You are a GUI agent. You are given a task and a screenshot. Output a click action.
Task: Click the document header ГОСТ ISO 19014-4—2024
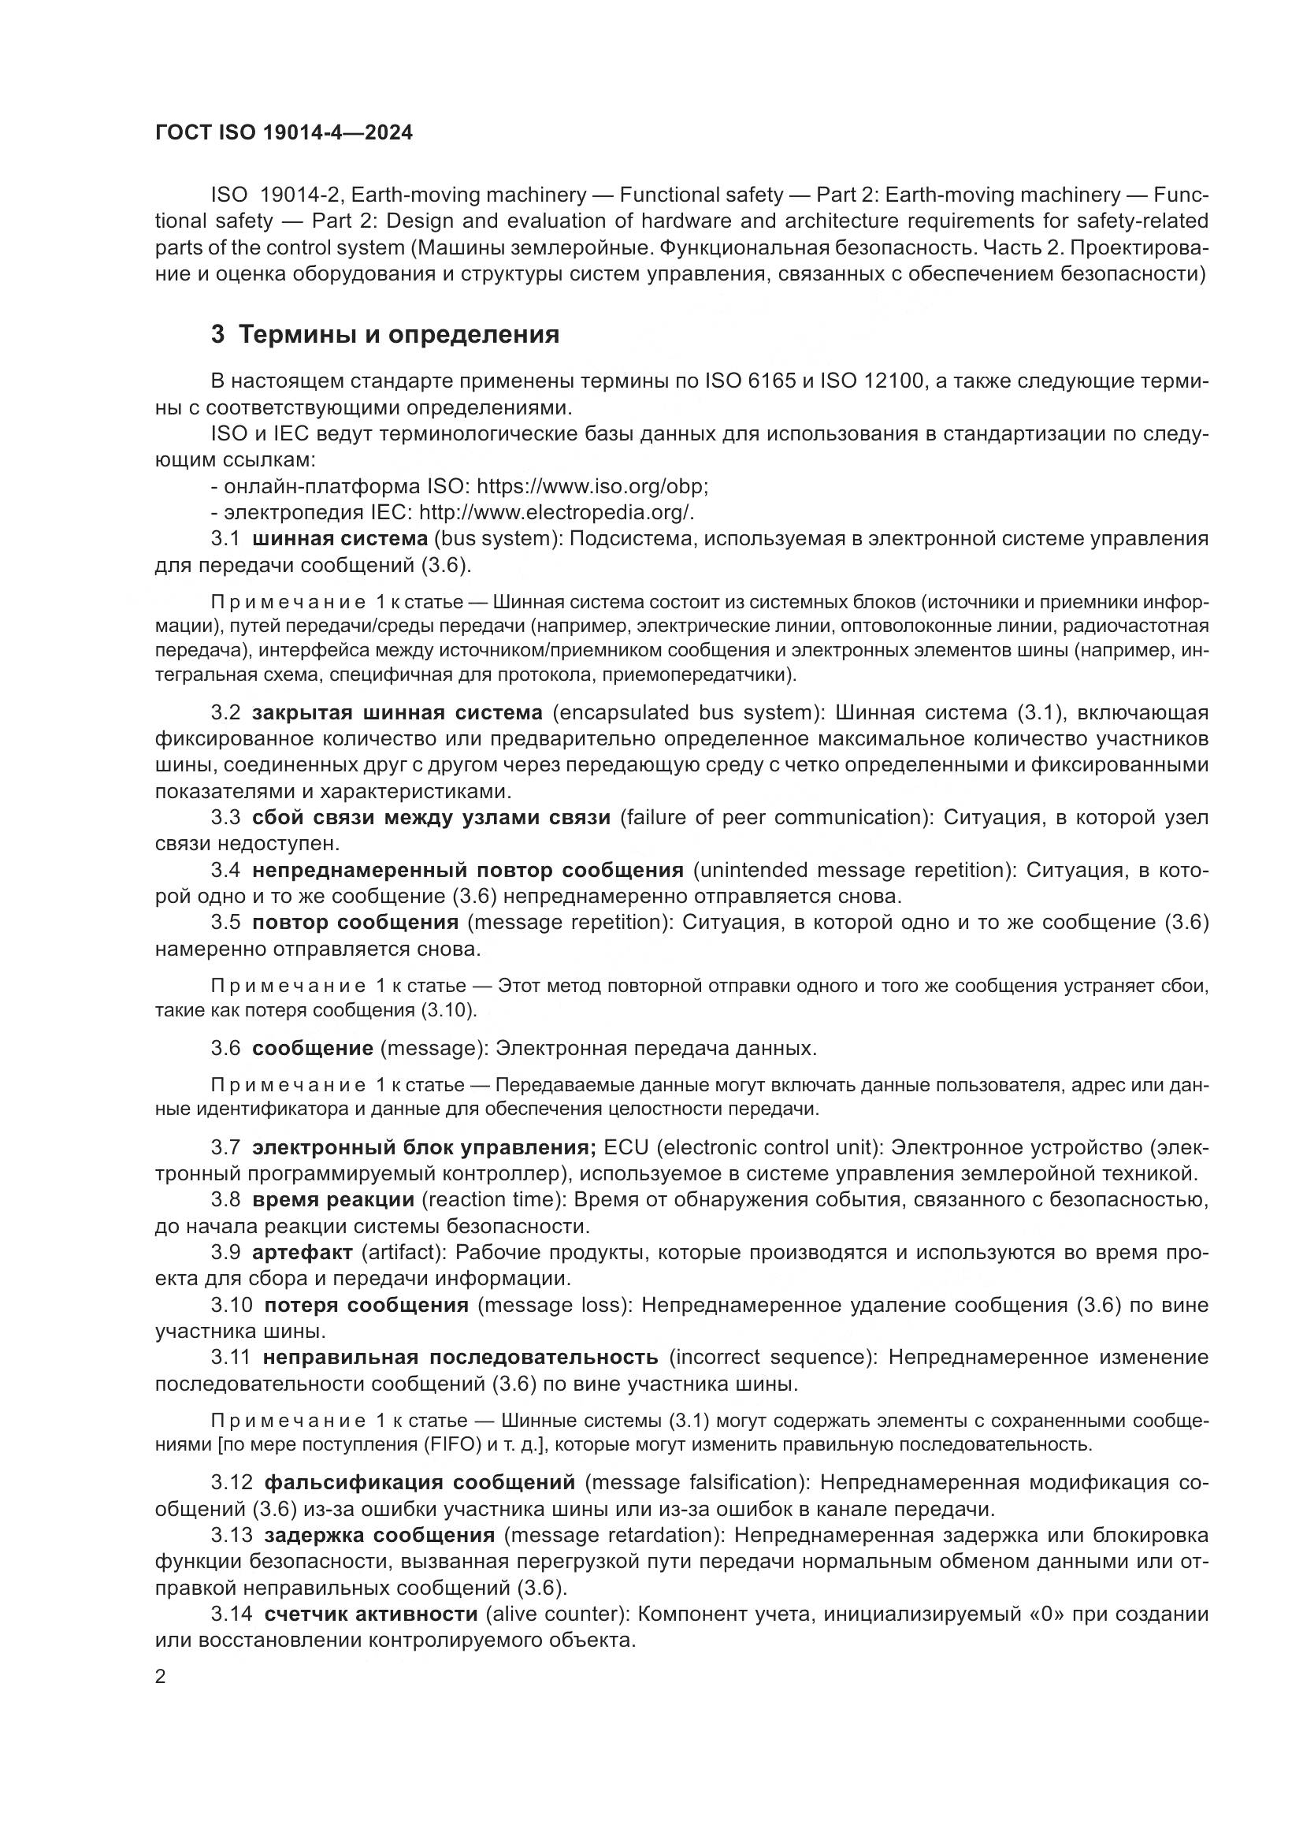coord(284,133)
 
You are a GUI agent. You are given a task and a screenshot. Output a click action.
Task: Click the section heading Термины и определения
coord(399,334)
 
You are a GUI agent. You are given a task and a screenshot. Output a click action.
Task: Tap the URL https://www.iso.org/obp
coord(592,486)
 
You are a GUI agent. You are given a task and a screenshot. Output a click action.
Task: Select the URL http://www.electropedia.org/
coord(555,512)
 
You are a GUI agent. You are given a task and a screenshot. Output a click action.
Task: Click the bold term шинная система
coord(340,539)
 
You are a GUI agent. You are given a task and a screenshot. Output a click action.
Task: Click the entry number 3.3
coord(225,818)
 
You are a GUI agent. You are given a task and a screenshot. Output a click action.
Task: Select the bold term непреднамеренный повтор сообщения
coord(468,870)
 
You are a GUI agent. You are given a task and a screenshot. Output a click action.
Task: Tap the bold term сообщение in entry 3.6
coord(312,1048)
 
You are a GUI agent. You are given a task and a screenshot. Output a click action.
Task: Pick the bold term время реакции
coord(332,1200)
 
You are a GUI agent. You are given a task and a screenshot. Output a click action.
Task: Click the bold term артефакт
coord(302,1252)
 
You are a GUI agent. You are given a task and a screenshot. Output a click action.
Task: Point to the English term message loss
coord(555,1305)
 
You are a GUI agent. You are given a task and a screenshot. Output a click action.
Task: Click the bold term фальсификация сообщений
coord(420,1482)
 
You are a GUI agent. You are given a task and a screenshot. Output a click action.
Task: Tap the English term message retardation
coord(614,1535)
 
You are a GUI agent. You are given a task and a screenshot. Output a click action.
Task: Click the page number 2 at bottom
coord(161,1676)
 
